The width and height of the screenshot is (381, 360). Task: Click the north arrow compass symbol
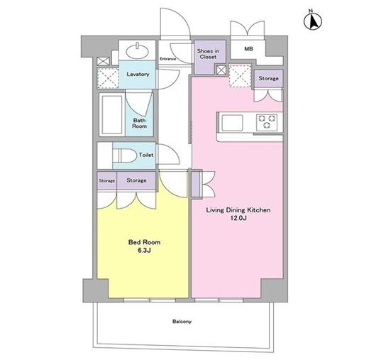point(313,21)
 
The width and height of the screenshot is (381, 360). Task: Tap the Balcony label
point(182,322)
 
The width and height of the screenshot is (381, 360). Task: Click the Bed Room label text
point(144,242)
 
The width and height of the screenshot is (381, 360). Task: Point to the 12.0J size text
point(238,218)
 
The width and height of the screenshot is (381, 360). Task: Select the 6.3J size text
point(144,251)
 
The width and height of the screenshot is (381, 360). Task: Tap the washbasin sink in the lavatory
point(137,50)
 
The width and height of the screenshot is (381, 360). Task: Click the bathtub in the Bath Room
point(112,114)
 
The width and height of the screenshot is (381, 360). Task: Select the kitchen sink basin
point(232,123)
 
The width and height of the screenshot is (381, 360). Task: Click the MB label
point(248,49)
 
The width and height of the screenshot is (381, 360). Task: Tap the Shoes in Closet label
point(208,54)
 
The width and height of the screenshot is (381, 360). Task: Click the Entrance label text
point(167,59)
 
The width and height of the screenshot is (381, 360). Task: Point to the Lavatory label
point(138,74)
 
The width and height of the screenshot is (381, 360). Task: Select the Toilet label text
point(146,155)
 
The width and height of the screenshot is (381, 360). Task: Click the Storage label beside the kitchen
point(268,79)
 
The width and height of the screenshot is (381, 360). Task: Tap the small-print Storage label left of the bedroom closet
point(106,181)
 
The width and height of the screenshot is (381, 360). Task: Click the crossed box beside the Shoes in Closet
point(221,70)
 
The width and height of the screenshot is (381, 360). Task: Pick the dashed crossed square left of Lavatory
point(109,78)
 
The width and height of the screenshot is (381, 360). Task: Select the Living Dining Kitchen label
point(238,210)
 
